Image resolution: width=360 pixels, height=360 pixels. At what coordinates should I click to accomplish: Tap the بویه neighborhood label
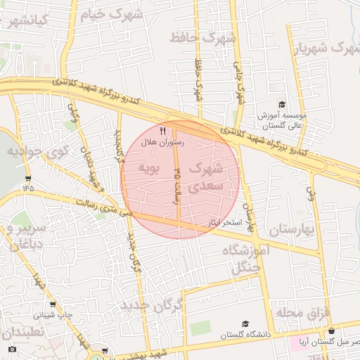[149, 168]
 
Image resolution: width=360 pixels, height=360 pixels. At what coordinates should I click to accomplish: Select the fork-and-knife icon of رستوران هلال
[163, 131]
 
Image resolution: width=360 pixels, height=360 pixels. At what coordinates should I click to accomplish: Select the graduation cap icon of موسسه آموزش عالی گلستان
[282, 103]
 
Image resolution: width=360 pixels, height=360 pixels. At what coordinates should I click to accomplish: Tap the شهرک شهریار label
[321, 48]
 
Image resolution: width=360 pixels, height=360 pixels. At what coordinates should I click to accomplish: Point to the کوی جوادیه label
[37, 151]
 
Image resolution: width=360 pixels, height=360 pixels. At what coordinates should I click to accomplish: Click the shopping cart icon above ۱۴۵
[27, 178]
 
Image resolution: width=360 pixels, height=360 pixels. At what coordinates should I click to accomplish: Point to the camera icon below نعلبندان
[11, 349]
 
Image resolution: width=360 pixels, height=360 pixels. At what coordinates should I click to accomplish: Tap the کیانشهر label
[25, 20]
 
